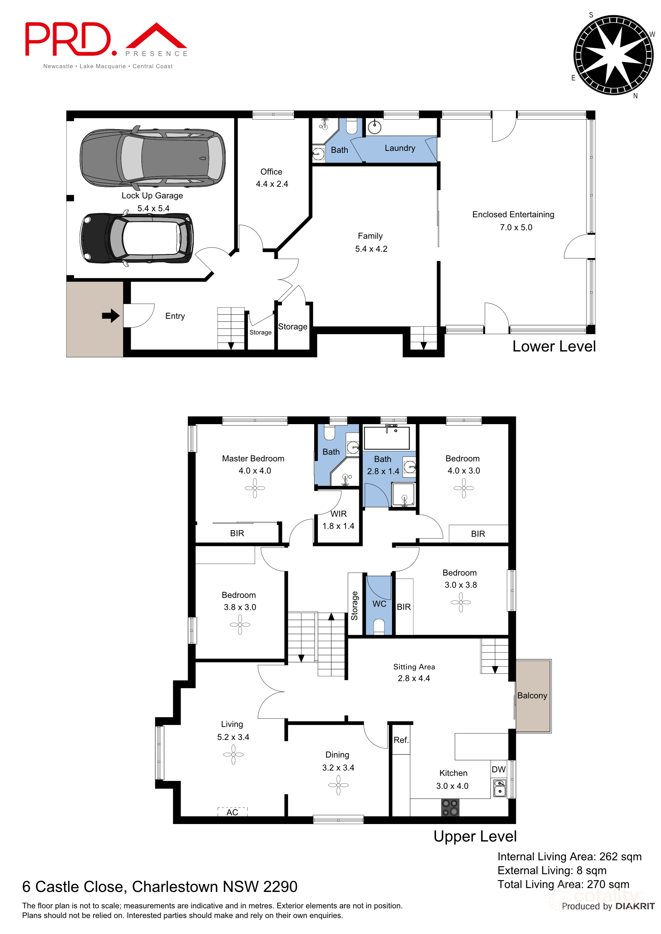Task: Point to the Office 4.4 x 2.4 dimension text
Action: (272, 184)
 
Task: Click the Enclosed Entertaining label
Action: (513, 214)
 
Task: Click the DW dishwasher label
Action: (498, 769)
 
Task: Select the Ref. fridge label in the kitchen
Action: (401, 740)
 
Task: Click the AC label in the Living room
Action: (232, 812)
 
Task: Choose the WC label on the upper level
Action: (379, 604)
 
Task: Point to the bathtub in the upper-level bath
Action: (386, 438)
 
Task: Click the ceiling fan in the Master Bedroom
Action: (255, 488)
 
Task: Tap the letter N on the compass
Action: (635, 96)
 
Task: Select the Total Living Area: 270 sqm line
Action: (563, 884)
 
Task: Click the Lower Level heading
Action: (554, 346)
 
